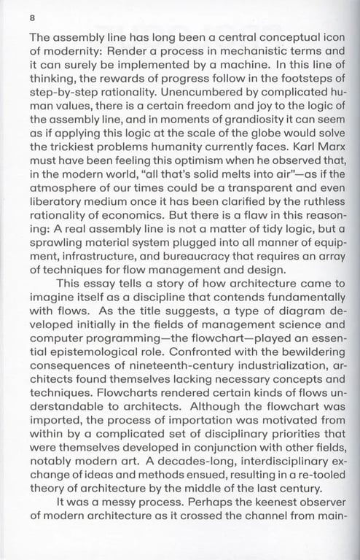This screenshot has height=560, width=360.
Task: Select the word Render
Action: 129,52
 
